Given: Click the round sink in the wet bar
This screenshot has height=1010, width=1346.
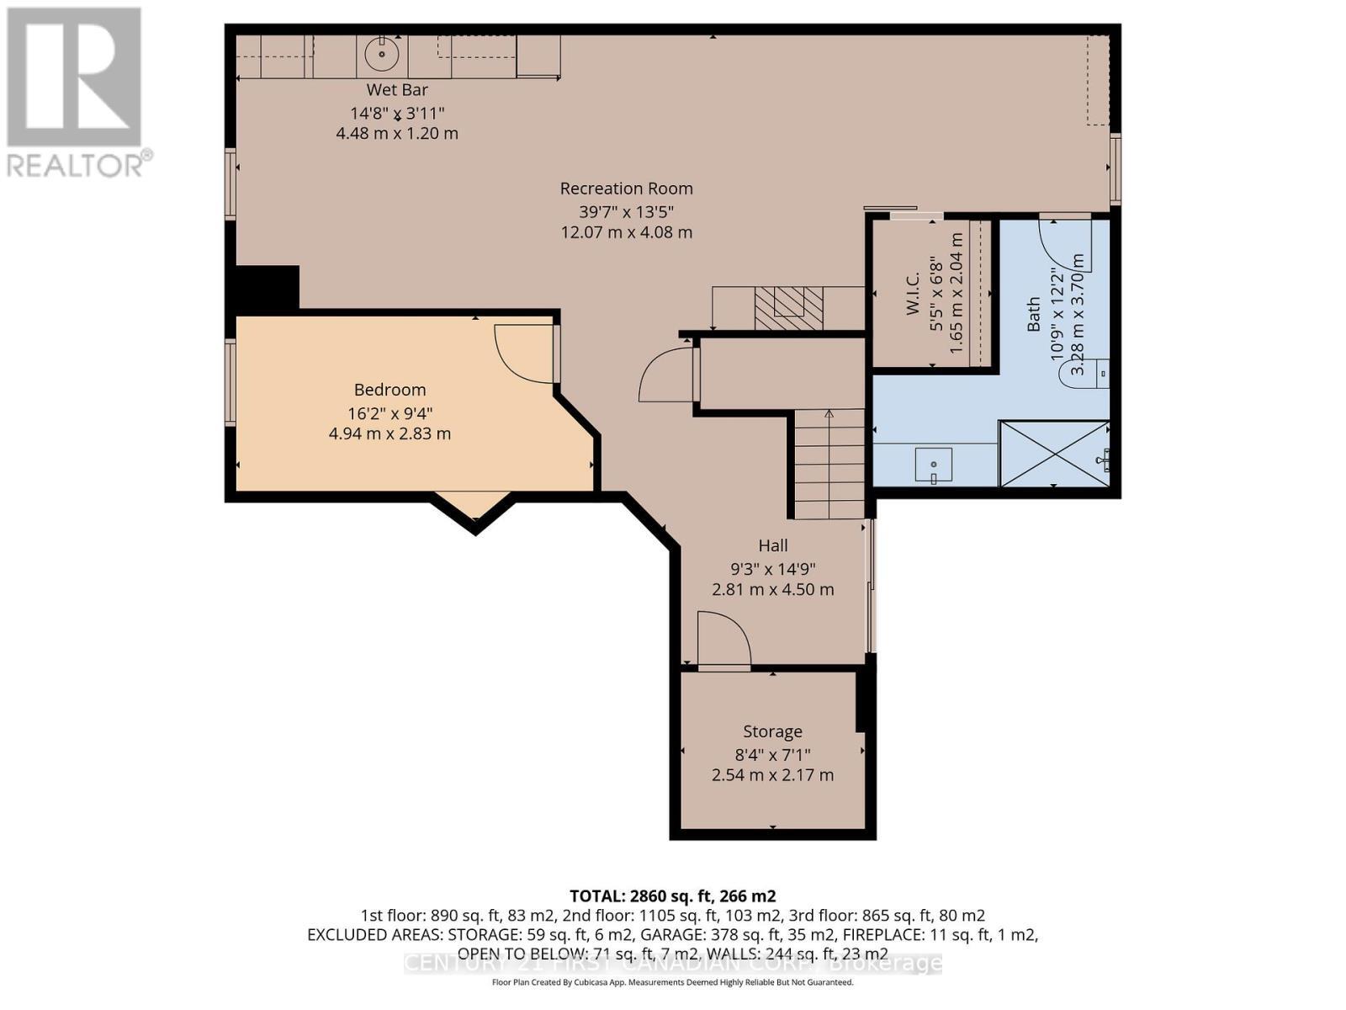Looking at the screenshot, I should point(382,55).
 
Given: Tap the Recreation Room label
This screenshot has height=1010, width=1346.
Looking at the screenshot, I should point(627,189).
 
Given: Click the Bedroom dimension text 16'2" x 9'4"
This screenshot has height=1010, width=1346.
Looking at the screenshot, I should point(389,412).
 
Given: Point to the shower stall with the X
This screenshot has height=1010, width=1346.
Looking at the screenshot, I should point(1053,454).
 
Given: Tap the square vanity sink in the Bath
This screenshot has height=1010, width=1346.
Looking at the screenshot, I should point(934,465).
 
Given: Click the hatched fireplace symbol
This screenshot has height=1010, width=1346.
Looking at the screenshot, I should point(788,307).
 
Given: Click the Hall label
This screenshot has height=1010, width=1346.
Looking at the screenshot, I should point(772,545).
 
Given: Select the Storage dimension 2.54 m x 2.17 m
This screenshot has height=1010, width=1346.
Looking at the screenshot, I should point(772,775).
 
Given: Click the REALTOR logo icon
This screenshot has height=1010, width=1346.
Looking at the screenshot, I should point(74,77).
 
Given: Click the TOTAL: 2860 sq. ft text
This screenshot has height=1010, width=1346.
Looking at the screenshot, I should point(672,896).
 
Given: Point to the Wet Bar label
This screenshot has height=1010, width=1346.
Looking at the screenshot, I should point(397,90).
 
